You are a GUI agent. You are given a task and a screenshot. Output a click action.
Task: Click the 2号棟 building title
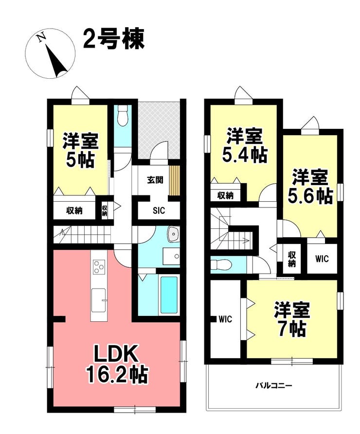114,39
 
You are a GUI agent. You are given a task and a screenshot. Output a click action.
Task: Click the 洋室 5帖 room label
80,150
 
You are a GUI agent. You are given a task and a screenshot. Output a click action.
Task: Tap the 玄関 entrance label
155,180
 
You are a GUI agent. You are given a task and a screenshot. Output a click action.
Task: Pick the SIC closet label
159,210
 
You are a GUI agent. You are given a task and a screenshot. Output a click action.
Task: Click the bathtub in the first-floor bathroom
169,295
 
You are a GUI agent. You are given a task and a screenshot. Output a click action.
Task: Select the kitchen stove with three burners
99,267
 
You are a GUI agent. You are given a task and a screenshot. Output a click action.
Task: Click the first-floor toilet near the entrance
122,115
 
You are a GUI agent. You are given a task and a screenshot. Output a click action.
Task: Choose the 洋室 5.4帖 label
244,145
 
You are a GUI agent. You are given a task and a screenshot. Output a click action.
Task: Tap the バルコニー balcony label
273,385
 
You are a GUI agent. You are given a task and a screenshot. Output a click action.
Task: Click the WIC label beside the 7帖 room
225,319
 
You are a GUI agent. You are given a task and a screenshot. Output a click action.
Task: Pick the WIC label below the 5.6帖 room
322,259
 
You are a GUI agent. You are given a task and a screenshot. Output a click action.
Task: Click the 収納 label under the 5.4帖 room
225,195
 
